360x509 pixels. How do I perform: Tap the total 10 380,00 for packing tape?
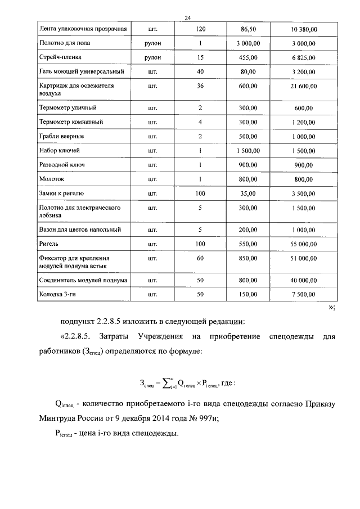click(x=304, y=28)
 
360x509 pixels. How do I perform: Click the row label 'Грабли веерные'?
click(x=62, y=136)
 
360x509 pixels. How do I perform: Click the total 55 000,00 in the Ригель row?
click(x=304, y=245)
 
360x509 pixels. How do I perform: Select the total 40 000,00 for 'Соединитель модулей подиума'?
click(x=304, y=280)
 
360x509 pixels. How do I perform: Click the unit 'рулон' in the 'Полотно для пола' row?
click(x=152, y=43)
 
